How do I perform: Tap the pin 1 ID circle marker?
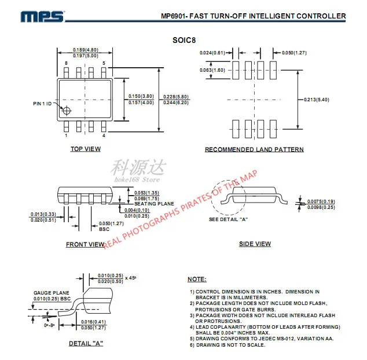(67, 111)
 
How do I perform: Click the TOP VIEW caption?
(86, 149)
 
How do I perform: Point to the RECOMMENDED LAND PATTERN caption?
(254, 149)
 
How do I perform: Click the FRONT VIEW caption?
(85, 244)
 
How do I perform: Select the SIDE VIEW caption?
(255, 244)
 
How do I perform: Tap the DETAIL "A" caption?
(86, 344)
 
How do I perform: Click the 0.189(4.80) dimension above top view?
(85, 50)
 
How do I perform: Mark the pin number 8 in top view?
(66, 63)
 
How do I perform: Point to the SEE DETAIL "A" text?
(228, 219)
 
